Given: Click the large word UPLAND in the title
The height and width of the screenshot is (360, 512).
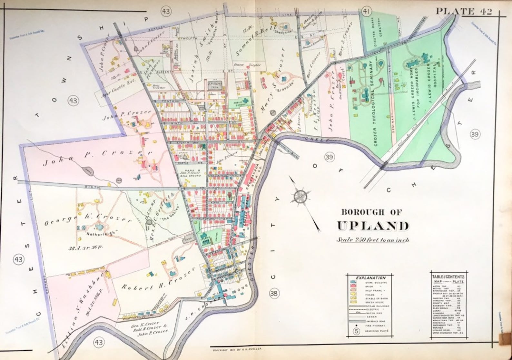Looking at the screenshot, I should coord(373,226).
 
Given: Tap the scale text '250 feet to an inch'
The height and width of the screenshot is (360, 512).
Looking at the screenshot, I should coord(373,240).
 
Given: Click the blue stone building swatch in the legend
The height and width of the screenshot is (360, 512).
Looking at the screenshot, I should coord(353,283).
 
